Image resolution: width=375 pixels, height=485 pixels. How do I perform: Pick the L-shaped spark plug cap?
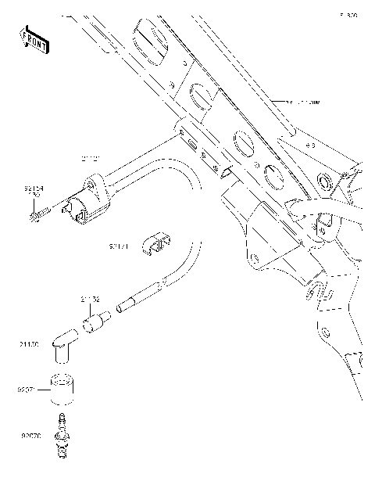tap(62, 347)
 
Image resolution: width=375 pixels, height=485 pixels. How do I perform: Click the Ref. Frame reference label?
tap(302, 102)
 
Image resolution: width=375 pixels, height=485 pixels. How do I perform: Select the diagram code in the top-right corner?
tap(348, 15)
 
